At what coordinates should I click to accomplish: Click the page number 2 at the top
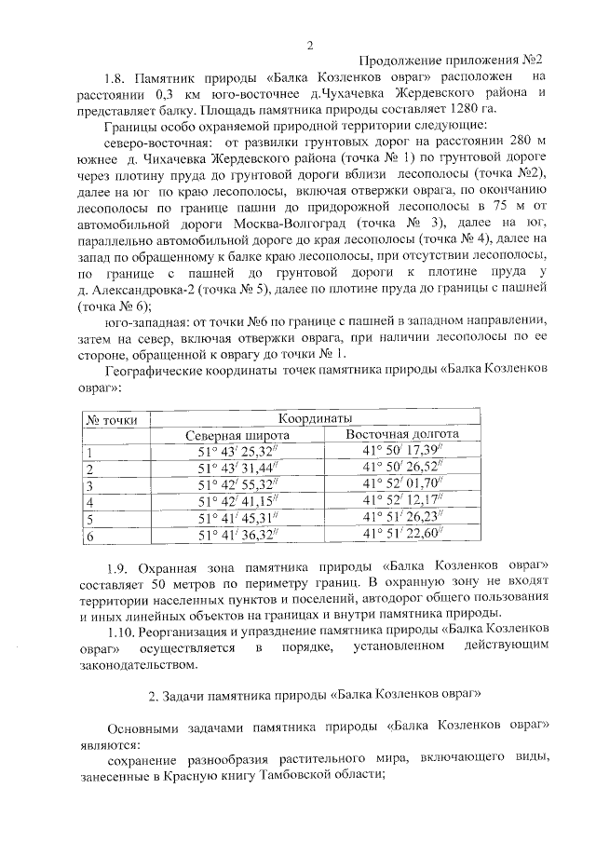coord(310,46)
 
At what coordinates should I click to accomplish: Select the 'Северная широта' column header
coord(237,435)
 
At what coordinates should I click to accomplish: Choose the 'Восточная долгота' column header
coord(401,434)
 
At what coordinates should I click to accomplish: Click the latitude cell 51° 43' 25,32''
coord(237,452)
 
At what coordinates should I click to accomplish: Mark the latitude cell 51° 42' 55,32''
coord(237,485)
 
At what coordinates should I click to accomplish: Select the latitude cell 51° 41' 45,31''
coord(237,519)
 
